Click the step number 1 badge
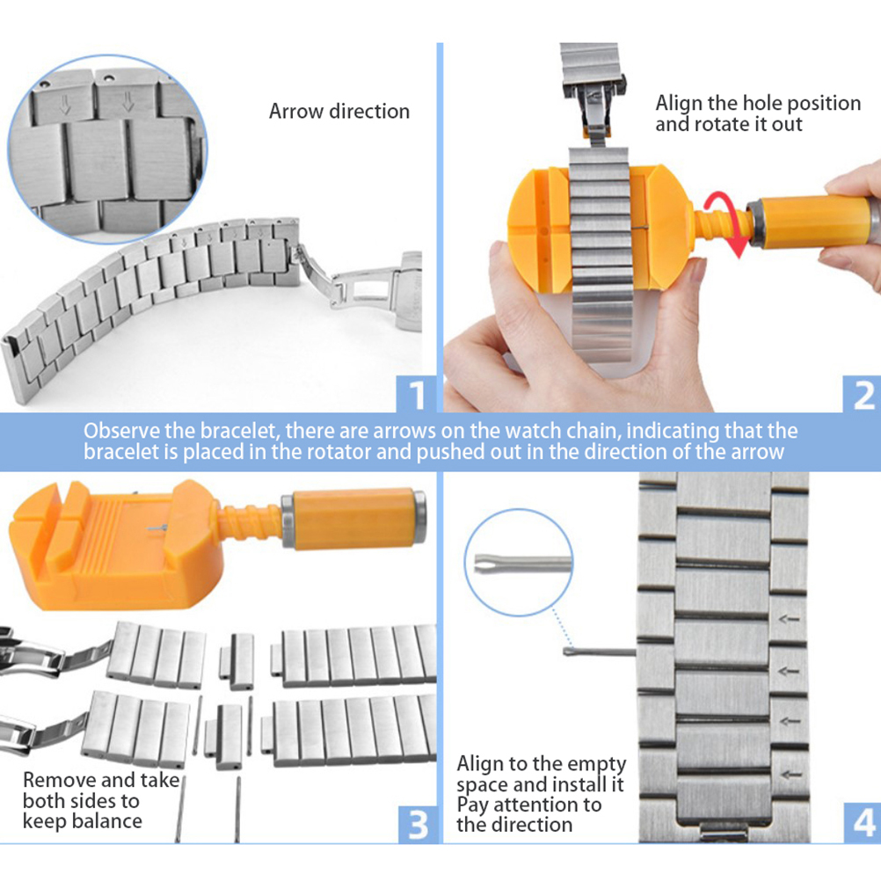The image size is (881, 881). (x=417, y=396)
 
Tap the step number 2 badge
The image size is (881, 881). (x=862, y=396)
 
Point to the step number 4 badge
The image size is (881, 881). (x=863, y=824)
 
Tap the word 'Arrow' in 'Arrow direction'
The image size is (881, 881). (x=295, y=112)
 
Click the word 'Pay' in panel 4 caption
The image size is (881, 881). (x=472, y=805)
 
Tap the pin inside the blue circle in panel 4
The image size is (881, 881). (x=522, y=563)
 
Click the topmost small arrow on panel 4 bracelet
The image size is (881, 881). (x=790, y=619)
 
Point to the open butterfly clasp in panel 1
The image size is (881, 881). (x=360, y=284)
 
